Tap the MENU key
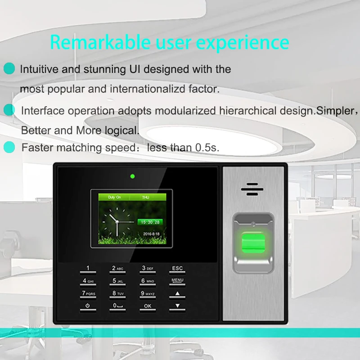click(x=177, y=282)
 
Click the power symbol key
click(x=88, y=307)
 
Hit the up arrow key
click(x=177, y=294)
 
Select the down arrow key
click(x=177, y=307)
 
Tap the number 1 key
click(x=88, y=269)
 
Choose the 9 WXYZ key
click(x=148, y=294)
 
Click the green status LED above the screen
click(x=132, y=176)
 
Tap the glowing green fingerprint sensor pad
click(x=253, y=243)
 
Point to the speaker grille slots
click(x=252, y=189)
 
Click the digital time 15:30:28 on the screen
click(x=150, y=222)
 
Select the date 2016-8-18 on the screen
click(x=151, y=234)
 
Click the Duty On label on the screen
click(x=114, y=197)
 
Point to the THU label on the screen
click(x=145, y=197)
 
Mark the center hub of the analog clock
click(x=117, y=222)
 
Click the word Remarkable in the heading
click(x=100, y=42)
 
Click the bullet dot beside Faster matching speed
click(x=9, y=147)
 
